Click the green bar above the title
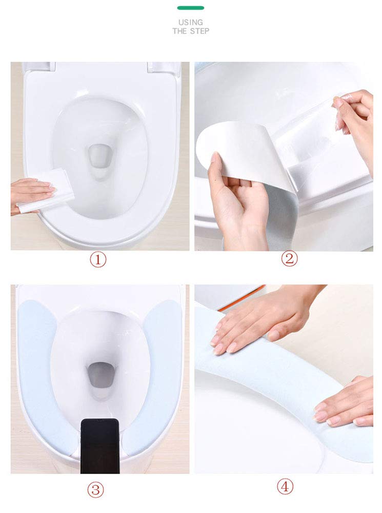click(x=191, y=8)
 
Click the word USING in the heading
click(x=191, y=22)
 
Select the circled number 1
click(x=98, y=260)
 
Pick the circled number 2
click(x=289, y=258)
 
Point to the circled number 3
click(x=95, y=490)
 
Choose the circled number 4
click(x=285, y=486)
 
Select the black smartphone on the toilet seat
click(x=100, y=446)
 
